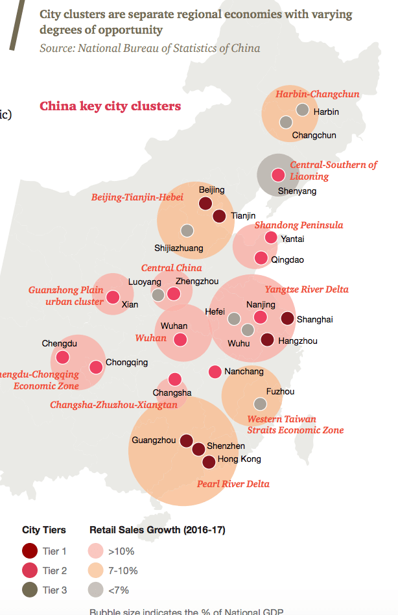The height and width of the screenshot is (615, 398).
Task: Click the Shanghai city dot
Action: point(287,318)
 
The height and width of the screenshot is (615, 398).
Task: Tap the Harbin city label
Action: point(326,112)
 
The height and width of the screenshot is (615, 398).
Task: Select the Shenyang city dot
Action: point(278,175)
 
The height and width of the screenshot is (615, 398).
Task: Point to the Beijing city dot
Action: point(205,204)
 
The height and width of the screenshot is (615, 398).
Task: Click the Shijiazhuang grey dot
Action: point(187,230)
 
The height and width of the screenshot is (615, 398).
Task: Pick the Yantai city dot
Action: point(271,238)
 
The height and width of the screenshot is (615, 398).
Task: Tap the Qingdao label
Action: point(287,259)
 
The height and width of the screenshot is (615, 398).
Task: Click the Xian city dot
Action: point(113,297)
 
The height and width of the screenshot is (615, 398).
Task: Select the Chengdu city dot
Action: point(62,357)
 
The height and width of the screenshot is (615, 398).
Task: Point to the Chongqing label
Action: point(126,363)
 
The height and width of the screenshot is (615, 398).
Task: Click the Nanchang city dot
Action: point(215,372)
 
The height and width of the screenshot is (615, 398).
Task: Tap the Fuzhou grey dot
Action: point(260,404)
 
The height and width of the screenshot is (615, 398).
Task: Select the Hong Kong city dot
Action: point(209,462)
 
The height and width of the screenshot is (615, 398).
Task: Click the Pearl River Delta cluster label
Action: point(233,484)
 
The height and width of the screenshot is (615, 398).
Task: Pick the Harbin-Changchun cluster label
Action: point(317,94)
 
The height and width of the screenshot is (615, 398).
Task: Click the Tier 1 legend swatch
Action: point(30,551)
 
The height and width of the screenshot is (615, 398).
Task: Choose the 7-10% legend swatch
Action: point(97,571)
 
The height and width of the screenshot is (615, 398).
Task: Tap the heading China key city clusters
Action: point(110,106)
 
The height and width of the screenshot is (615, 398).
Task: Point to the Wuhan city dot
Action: point(181,339)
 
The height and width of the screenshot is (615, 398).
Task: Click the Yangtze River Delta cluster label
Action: point(307,289)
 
